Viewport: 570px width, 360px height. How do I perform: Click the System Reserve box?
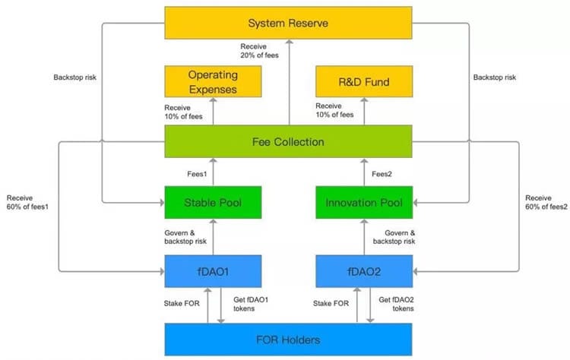(x=288, y=23)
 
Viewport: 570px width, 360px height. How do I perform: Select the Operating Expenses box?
(x=213, y=81)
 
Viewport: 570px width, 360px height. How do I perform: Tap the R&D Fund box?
(x=364, y=81)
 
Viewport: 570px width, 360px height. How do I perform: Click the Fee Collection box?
(x=288, y=141)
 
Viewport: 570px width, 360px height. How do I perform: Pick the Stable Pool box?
(x=213, y=202)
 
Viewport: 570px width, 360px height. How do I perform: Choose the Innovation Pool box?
(x=364, y=202)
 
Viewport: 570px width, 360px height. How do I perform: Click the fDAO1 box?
(x=213, y=271)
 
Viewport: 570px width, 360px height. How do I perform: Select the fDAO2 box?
(x=364, y=271)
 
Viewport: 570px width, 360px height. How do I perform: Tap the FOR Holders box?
(x=288, y=339)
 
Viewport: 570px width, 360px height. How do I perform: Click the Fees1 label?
(x=197, y=174)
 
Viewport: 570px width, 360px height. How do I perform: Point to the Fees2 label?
(x=382, y=174)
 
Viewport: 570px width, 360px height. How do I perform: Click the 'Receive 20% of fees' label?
(x=260, y=51)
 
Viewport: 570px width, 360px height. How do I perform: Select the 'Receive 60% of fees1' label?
(x=27, y=202)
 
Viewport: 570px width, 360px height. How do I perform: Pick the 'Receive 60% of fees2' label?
(x=546, y=202)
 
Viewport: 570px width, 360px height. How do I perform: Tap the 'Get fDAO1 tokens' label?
(x=251, y=304)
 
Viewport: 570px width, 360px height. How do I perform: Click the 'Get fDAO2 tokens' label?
(x=396, y=304)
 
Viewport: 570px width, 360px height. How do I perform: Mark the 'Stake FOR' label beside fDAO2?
(x=331, y=303)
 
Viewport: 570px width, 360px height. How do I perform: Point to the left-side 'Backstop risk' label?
(x=75, y=77)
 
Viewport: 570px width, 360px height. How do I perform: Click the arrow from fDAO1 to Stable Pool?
(x=213, y=237)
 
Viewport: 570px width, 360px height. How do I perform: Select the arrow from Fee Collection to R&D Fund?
(x=364, y=112)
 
